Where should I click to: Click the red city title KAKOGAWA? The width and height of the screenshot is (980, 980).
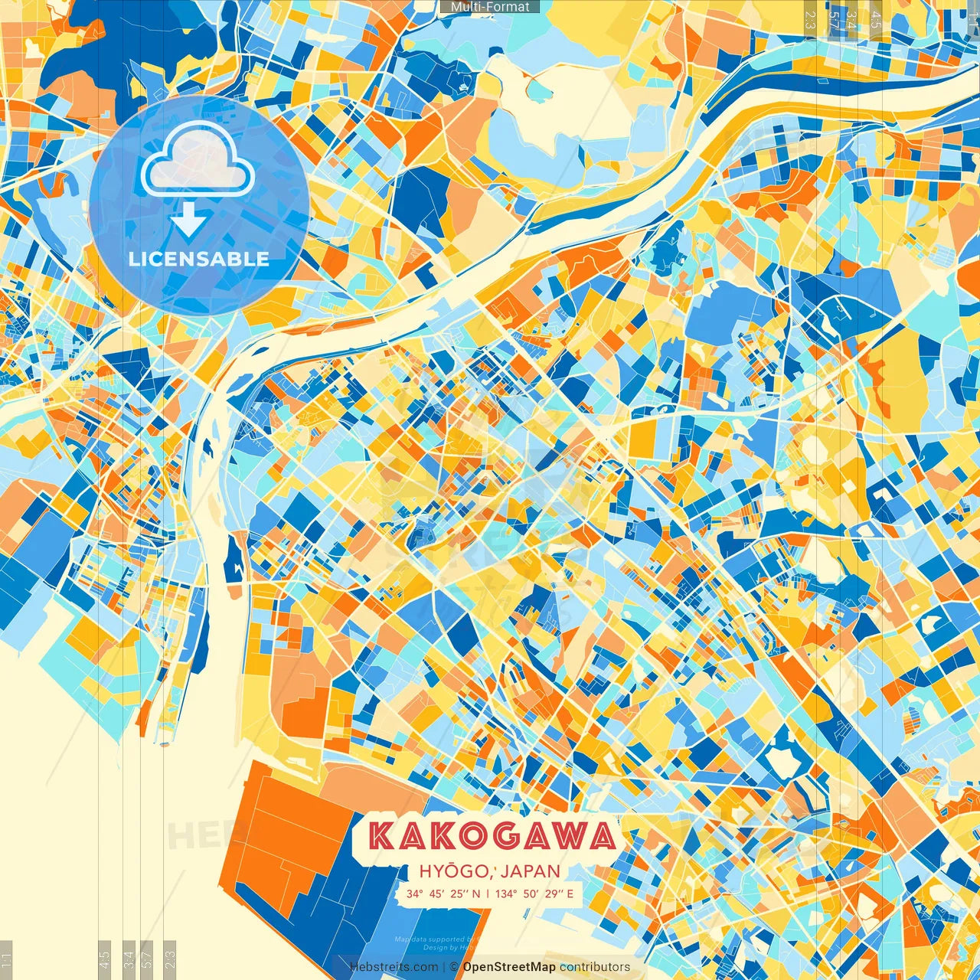click(492, 836)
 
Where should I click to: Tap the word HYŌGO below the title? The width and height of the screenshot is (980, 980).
click(454, 871)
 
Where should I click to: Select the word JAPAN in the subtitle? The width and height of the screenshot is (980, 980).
click(531, 871)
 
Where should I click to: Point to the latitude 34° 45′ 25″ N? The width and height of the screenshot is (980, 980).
click(444, 893)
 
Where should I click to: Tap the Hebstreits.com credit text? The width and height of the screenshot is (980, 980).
click(394, 967)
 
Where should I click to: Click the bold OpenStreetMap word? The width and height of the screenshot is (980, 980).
click(509, 967)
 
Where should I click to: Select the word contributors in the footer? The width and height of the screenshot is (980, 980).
click(595, 967)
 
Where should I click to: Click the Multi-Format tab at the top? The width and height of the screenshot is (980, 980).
click(490, 7)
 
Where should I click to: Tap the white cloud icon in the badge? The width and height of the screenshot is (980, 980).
click(198, 161)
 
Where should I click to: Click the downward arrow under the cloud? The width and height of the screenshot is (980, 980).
click(188, 220)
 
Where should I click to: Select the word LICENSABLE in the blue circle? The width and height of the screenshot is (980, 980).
click(199, 259)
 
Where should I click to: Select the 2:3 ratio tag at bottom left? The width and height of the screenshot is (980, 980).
click(170, 957)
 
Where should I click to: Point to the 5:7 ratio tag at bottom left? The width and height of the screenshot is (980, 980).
click(147, 957)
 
